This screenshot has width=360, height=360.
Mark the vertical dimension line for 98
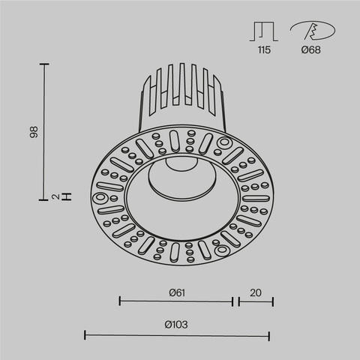[x=45, y=132]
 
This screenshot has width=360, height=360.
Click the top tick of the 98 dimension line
[x=45, y=65]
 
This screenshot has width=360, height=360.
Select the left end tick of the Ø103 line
[x=84, y=335]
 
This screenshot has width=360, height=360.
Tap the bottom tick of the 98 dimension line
[x=45, y=199]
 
